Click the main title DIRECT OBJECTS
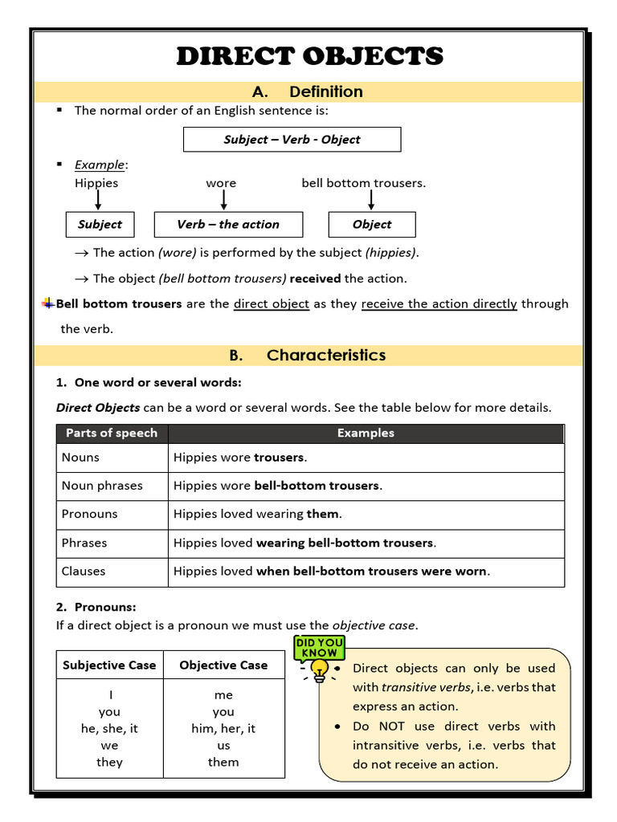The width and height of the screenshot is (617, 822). click(309, 56)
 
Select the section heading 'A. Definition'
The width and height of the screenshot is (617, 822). click(308, 92)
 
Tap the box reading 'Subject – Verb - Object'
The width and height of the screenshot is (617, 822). click(292, 140)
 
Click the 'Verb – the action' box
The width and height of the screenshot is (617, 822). click(228, 225)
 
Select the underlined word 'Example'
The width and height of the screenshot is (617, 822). click(100, 165)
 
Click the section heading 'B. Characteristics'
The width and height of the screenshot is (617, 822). click(308, 355)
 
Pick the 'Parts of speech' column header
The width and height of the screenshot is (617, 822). click(112, 433)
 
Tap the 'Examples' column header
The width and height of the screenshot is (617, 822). click(366, 433)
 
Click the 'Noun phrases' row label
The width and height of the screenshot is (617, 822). click(102, 486)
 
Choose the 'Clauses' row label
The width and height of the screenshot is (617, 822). click(84, 572)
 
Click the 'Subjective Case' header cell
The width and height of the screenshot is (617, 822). click(109, 665)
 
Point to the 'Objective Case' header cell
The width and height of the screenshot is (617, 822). click(223, 665)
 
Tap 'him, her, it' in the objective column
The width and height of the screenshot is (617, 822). click(223, 729)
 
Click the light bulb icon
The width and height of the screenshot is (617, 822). click(320, 670)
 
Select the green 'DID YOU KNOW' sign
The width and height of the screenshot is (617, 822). click(320, 648)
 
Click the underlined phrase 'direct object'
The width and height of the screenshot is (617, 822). click(271, 304)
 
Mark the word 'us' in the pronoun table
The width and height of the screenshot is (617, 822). click(223, 746)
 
